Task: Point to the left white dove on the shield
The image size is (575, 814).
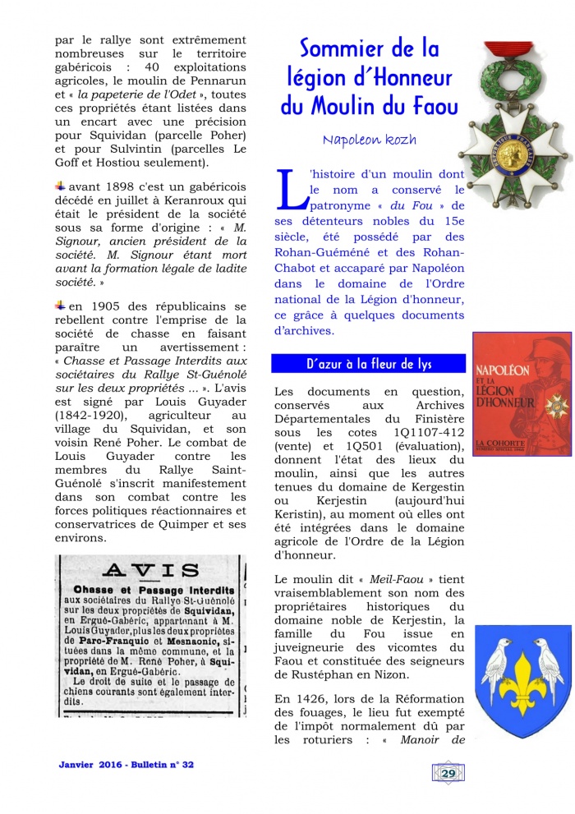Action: [498, 654]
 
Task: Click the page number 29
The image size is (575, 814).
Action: [448, 772]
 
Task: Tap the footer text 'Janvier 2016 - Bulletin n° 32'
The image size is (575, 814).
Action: [126, 765]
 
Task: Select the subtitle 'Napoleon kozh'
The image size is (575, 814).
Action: [370, 140]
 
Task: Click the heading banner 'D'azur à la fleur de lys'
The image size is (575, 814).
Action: [369, 364]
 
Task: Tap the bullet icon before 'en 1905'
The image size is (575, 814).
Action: [60, 306]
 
